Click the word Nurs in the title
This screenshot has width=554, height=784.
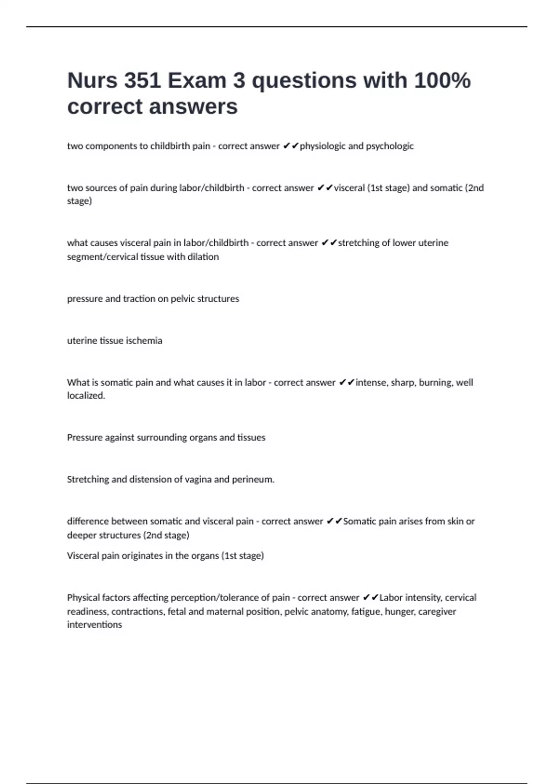(92, 81)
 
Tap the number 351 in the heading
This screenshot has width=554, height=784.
(142, 81)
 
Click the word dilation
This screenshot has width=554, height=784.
(203, 257)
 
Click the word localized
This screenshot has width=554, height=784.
(86, 396)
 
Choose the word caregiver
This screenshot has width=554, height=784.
(437, 612)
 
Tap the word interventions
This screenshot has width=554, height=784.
(95, 625)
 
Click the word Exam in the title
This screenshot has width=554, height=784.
(197, 81)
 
